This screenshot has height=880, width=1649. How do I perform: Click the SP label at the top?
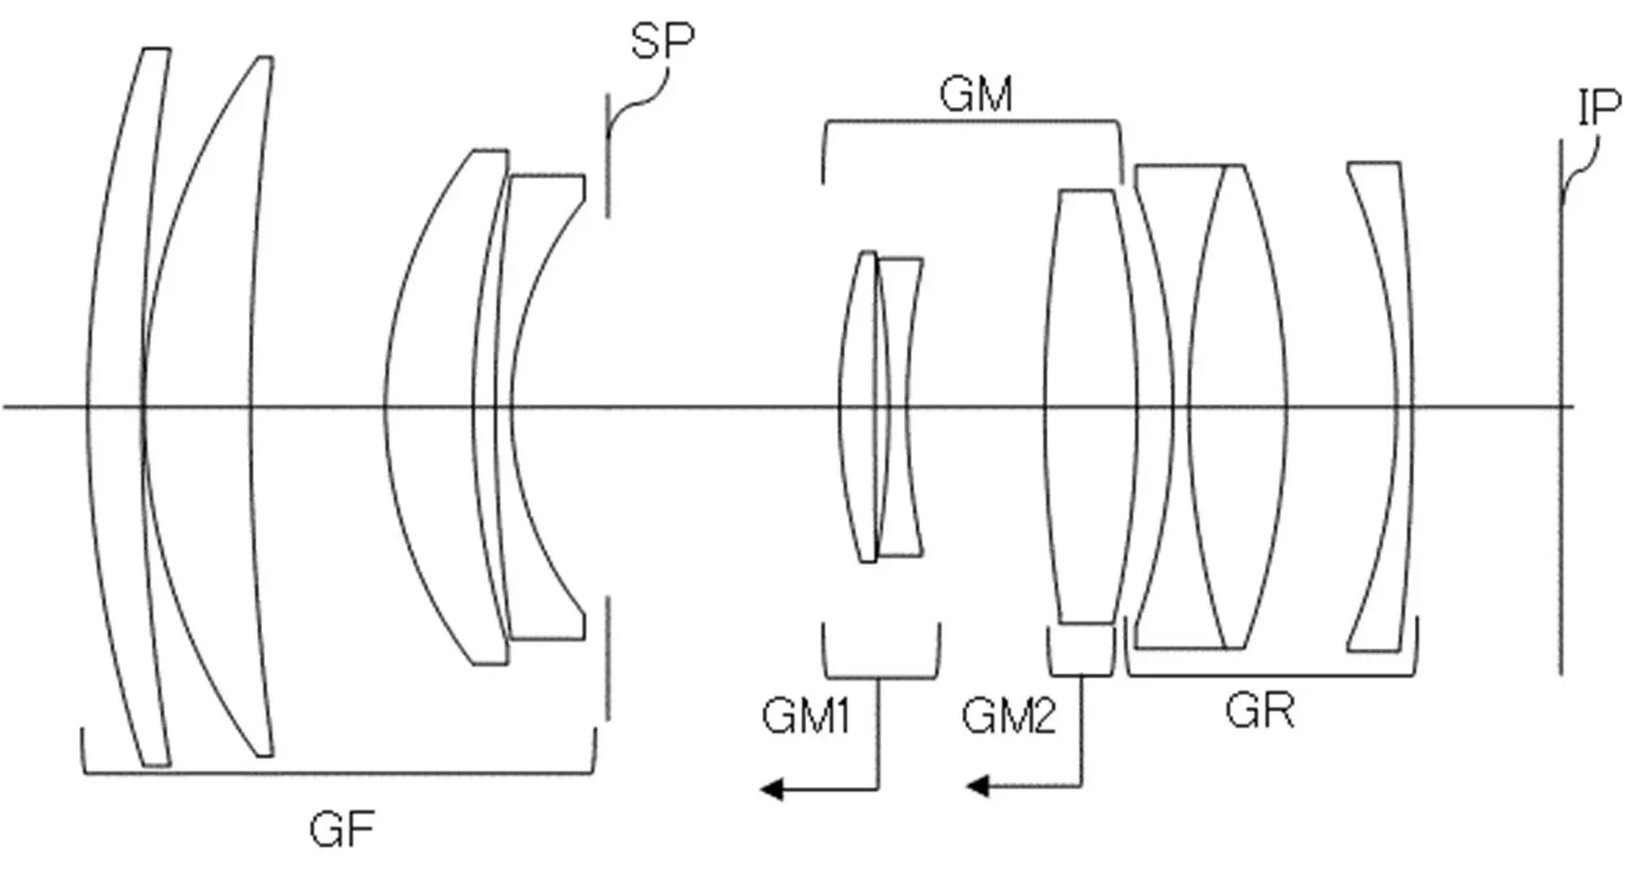pos(662,40)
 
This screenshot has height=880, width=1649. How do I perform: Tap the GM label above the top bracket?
pos(977,94)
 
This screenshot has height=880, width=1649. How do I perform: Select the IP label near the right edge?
pos(1600,107)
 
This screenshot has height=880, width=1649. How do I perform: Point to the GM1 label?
pos(805,717)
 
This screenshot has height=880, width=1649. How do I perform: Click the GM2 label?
pos(1009,717)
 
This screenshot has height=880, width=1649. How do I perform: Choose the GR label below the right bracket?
pos(1260,711)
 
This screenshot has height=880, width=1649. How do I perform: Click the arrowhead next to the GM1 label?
pos(771,789)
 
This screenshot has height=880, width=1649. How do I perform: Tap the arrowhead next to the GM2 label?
pos(977,788)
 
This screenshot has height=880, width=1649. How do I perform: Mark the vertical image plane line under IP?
pos(1561,407)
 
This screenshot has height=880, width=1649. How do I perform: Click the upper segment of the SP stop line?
pos(608,155)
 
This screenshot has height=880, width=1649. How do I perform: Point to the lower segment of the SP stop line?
pos(608,658)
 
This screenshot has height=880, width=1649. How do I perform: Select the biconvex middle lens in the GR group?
pos(1238,407)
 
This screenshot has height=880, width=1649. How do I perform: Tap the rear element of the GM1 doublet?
pos(900,407)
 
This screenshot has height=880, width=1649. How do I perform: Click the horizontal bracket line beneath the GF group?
pos(338,772)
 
